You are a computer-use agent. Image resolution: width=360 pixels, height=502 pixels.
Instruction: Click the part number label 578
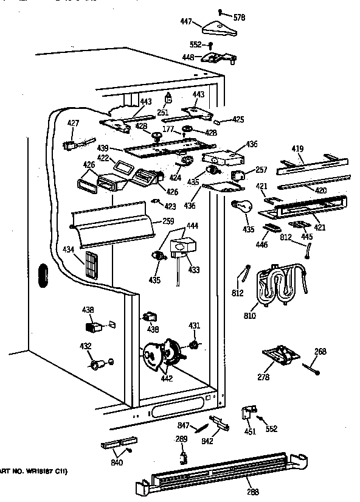(239, 18)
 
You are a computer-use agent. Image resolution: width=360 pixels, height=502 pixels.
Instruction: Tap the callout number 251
(163, 113)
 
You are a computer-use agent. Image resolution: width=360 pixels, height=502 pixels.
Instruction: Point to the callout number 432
(86, 346)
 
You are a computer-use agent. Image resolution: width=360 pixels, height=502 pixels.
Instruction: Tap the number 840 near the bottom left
(116, 463)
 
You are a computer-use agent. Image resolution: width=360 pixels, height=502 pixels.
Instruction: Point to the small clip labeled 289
(182, 453)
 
